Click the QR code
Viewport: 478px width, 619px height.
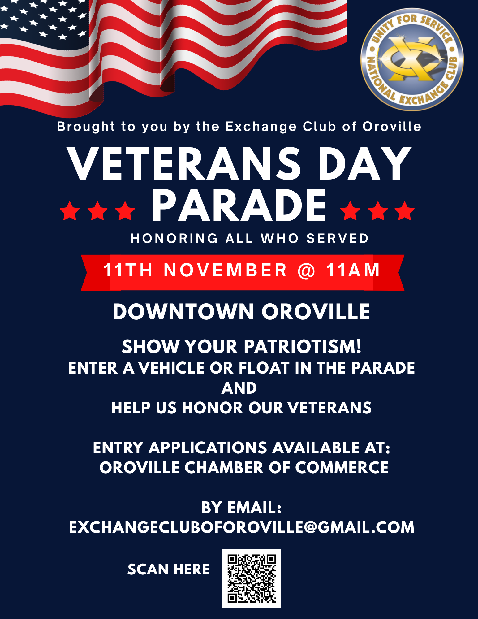pos(252,578)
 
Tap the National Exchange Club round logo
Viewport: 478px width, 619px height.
pos(412,59)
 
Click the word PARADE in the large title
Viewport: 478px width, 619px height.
pos(239,206)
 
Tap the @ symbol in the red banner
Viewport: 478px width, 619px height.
pos(306,271)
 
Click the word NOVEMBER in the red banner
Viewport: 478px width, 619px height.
pos(225,270)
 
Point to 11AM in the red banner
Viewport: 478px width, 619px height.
pos(353,270)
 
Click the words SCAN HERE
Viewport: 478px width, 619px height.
pos(169,569)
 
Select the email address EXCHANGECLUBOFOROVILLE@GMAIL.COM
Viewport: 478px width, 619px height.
pos(242,527)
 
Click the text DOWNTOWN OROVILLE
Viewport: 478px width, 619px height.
pos(241,312)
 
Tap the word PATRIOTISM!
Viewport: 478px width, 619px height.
pos(303,346)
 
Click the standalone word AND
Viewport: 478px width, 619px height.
pos(239,388)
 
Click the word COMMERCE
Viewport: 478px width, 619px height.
pos(342,467)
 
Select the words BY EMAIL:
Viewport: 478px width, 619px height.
pos(241,508)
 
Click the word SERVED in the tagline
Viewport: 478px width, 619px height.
pos(338,239)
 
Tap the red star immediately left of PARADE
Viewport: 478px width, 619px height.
pos(125,211)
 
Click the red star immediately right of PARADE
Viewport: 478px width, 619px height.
pos(350,211)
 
